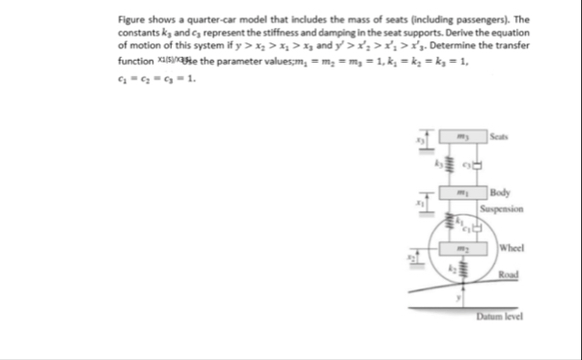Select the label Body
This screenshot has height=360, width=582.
pyautogui.click(x=503, y=193)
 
